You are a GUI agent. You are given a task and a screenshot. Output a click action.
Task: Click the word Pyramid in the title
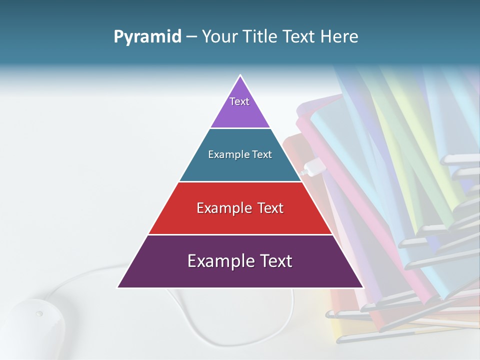(147, 37)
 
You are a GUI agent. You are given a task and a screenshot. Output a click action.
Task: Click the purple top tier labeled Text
(240, 107)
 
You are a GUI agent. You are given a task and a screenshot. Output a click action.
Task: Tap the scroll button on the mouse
(39, 314)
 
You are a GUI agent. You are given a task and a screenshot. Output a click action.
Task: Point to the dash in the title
(191, 37)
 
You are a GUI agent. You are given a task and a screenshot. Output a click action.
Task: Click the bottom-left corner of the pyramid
(118, 287)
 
